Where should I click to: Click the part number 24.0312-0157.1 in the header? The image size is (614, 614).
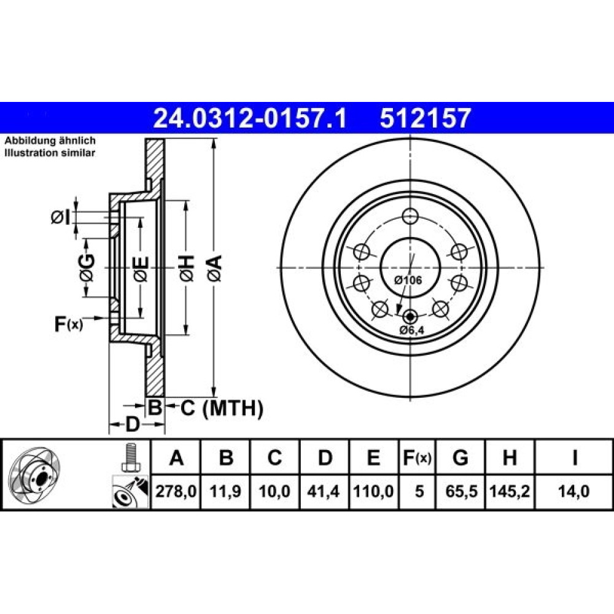coord(250,119)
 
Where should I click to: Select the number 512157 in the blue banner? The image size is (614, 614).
coord(424,119)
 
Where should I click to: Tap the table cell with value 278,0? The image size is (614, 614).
coord(176,491)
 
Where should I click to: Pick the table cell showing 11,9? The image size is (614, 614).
coord(225,491)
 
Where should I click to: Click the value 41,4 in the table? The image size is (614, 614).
coord(324,491)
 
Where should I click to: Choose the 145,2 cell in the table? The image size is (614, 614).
coord(510,491)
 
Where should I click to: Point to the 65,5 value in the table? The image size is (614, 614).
coord(460,491)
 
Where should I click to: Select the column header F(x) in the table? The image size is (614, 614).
coord(417,457)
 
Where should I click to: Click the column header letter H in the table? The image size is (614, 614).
coord(510,457)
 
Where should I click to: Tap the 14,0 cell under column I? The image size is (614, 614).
coord(574,491)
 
